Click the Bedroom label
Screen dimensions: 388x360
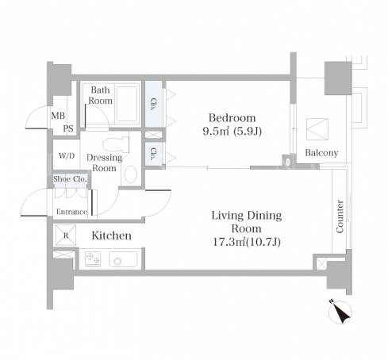click(232, 118)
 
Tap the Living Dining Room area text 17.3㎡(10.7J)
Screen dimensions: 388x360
click(247, 242)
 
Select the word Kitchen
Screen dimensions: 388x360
click(111, 236)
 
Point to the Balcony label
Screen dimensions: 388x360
click(321, 153)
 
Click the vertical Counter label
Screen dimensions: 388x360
click(340, 216)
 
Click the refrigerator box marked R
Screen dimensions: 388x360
click(66, 235)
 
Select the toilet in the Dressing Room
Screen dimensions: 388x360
click(116, 144)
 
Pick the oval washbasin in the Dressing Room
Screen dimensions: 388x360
click(131, 174)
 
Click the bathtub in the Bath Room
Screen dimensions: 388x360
click(127, 104)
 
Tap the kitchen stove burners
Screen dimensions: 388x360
click(93, 259)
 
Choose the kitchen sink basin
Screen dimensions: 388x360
click(123, 259)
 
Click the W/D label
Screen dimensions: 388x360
click(67, 156)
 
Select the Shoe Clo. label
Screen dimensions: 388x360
click(70, 179)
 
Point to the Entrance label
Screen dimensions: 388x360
click(71, 212)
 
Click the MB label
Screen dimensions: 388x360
click(58, 116)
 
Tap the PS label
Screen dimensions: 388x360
click(68, 128)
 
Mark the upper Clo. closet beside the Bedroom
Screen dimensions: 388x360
click(154, 104)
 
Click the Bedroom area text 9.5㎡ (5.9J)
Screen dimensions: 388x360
click(232, 132)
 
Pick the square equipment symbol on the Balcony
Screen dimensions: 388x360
click(317, 129)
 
